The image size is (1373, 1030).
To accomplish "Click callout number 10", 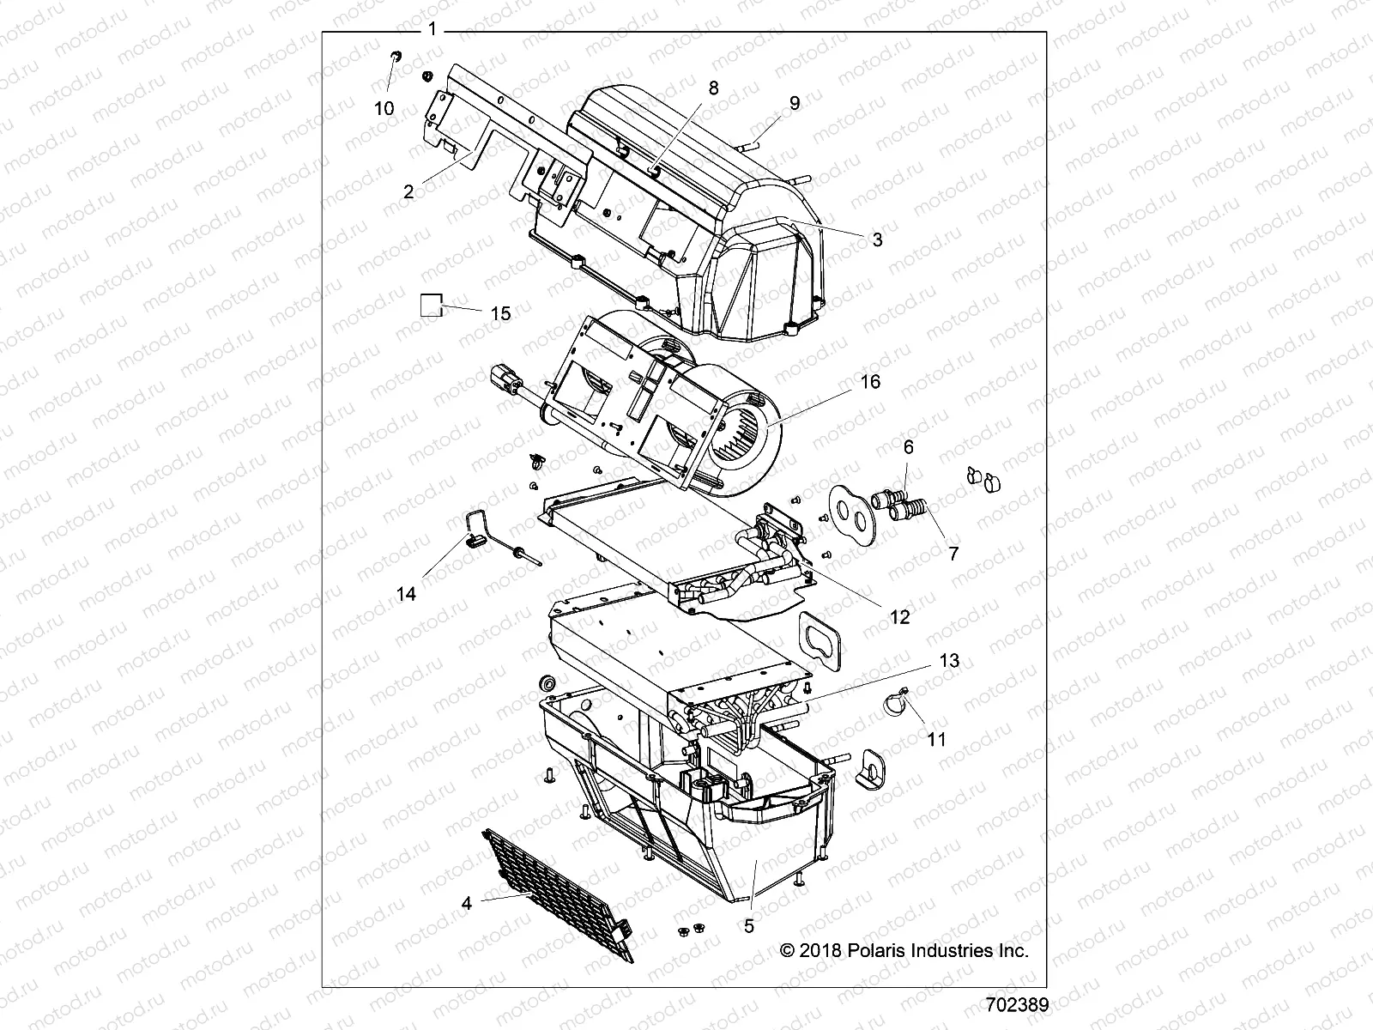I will [384, 108].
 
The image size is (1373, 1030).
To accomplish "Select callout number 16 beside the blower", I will [870, 381].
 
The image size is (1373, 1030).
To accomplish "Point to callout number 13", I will [925, 661].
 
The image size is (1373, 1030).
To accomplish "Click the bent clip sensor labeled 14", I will [475, 536].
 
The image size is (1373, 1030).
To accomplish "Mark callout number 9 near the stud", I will [795, 103].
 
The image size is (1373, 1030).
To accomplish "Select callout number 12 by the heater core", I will [899, 616].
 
